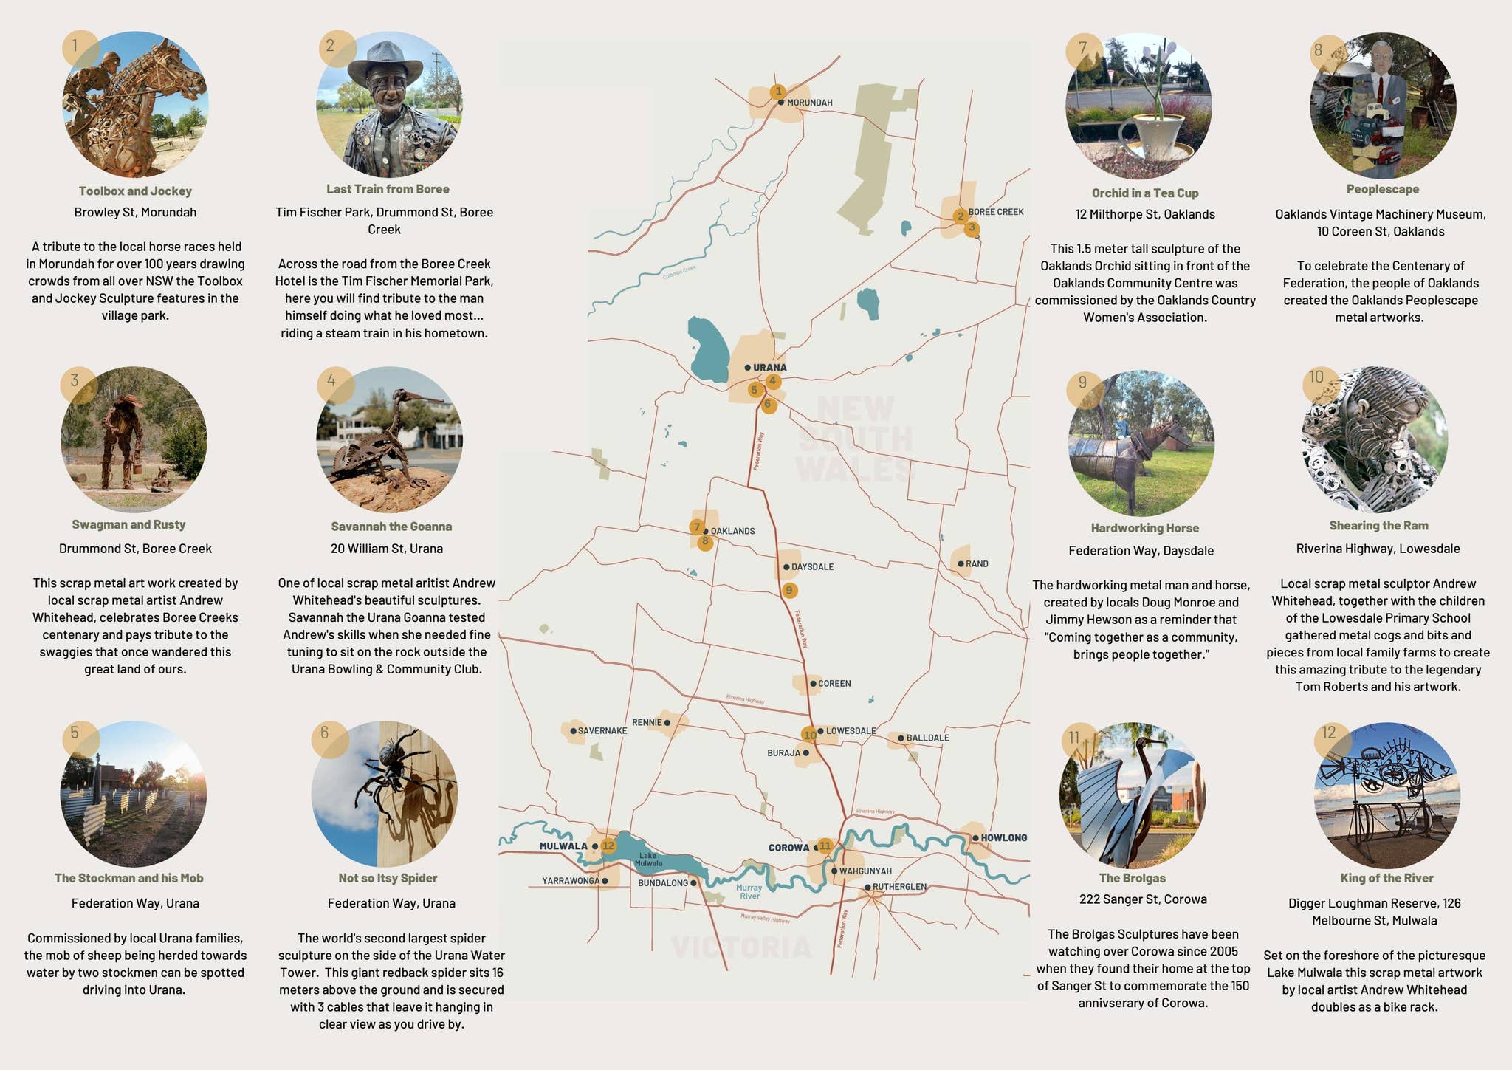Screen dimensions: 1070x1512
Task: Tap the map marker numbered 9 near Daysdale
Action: coord(789,590)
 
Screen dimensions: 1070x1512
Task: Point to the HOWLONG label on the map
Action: coord(1003,838)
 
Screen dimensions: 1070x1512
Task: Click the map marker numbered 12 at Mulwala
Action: coord(608,846)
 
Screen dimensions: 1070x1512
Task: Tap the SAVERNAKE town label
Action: coord(602,731)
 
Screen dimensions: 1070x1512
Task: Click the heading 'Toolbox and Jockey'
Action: coord(135,191)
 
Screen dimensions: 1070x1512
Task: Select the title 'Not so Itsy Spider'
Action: coord(388,878)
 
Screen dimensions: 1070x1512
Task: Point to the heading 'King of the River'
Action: coord(1386,878)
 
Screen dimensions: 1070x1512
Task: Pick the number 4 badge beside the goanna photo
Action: coord(331,381)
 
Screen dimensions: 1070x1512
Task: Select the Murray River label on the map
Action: coord(749,892)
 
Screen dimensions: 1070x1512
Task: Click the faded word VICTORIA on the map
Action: coord(741,947)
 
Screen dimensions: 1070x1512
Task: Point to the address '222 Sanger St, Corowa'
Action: coord(1142,899)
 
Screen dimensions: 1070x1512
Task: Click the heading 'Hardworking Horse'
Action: coord(1144,528)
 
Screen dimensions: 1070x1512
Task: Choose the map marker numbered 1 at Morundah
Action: coord(777,92)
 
